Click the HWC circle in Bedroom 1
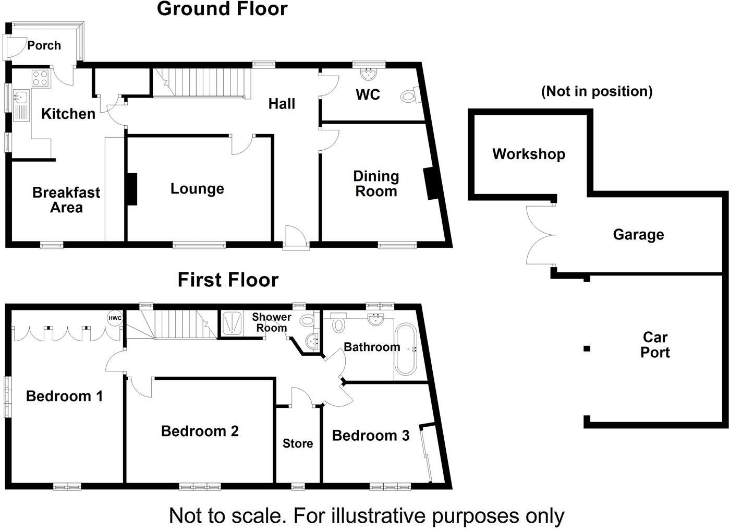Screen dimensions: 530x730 click(115, 318)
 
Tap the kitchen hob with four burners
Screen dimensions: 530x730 click(41, 78)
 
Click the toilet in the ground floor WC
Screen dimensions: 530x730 click(410, 96)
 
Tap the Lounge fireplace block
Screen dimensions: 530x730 click(131, 189)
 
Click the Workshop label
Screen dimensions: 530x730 click(528, 154)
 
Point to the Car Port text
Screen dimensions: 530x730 click(655, 345)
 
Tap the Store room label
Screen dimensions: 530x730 click(298, 443)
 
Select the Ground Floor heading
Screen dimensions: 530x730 click(222, 9)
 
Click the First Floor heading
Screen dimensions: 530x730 click(228, 280)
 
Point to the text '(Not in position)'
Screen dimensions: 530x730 click(597, 91)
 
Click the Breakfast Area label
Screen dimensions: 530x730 click(66, 200)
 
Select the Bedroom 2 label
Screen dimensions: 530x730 click(200, 431)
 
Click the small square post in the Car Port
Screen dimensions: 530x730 click(587, 348)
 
